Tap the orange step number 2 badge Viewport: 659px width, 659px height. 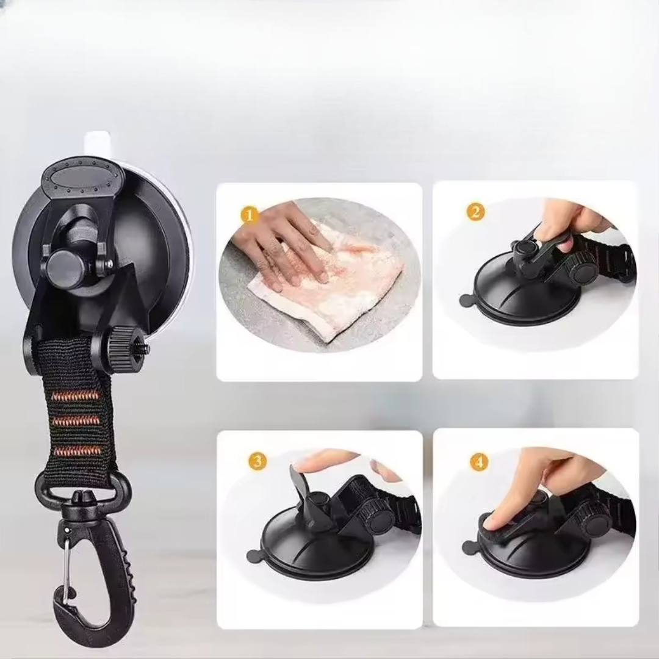pos(475,212)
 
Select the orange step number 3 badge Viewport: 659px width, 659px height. pos(257,461)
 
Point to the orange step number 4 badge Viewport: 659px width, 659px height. pos(479,463)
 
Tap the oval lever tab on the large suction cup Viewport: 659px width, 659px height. pos(82,176)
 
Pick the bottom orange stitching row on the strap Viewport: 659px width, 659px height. pos(77,451)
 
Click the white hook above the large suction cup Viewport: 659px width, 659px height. pos(98,143)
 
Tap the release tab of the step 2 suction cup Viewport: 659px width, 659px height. pos(467,300)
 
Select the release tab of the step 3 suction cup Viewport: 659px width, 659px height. pos(254,556)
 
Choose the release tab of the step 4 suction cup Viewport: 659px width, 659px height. pos(469,547)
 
